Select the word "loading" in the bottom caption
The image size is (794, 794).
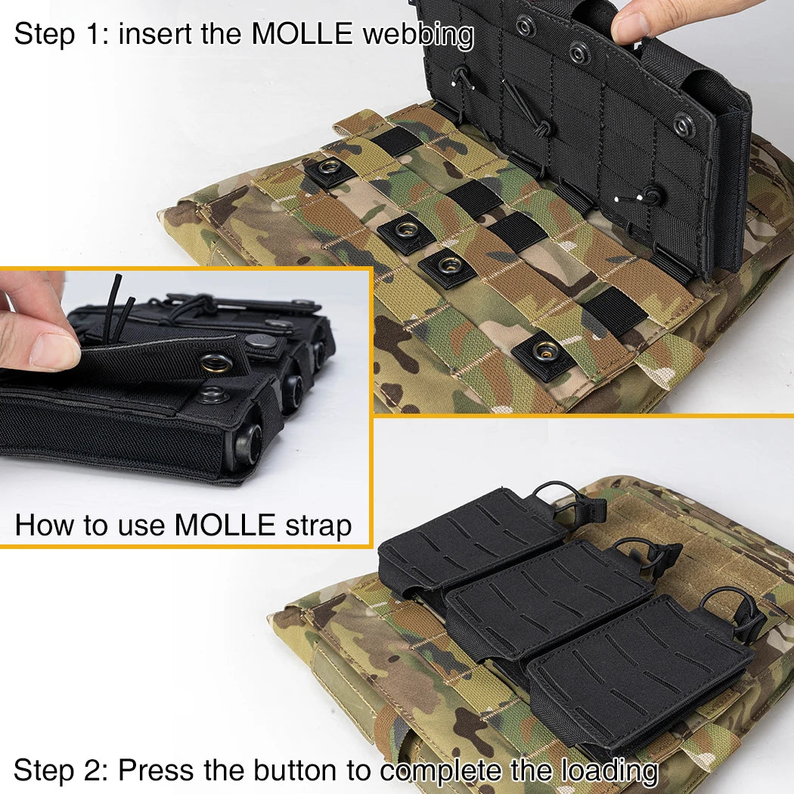(609, 771)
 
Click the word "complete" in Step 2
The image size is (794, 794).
(439, 771)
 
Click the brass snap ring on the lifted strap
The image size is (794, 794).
(217, 363)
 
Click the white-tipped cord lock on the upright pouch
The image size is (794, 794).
(647, 197)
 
